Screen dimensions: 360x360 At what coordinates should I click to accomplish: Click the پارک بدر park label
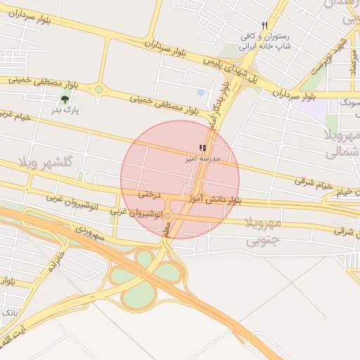(67, 110)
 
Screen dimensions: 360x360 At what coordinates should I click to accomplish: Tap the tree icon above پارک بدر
(65, 100)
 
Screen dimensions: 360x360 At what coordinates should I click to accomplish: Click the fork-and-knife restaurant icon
(264, 25)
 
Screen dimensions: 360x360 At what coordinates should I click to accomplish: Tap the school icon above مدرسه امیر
(202, 148)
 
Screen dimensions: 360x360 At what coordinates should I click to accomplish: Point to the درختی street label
(150, 193)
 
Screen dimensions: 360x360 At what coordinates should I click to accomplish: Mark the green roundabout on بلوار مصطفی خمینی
(98, 89)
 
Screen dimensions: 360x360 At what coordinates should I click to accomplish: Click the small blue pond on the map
(201, 93)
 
